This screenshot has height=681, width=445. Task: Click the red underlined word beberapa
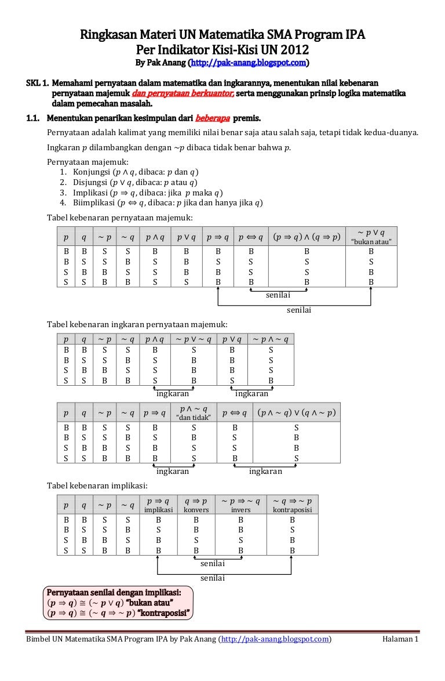[x=213, y=119]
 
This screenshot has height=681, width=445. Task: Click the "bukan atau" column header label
[x=371, y=241]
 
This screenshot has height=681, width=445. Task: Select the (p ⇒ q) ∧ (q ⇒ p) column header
[x=307, y=237]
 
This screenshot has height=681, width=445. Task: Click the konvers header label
[x=196, y=510]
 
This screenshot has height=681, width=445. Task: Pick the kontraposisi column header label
[x=292, y=510]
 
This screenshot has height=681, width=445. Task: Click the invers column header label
[x=240, y=510]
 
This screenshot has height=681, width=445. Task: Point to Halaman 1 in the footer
[x=400, y=639]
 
